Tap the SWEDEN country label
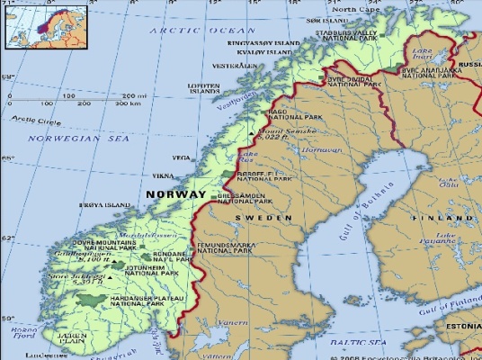[x=264, y=218]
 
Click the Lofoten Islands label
[x=204, y=88]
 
